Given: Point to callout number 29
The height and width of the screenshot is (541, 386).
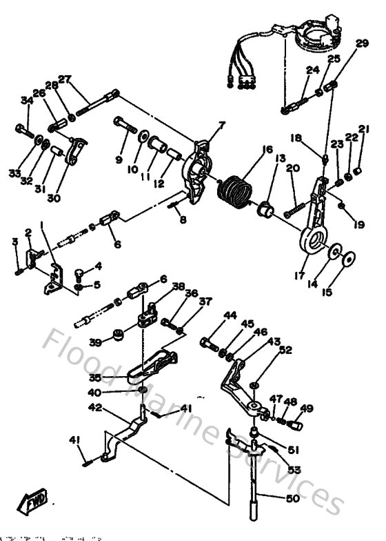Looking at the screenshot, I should click(362, 44).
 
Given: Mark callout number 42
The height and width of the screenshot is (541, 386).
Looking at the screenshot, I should click(95, 408).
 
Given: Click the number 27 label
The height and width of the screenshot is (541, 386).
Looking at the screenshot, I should click(65, 79).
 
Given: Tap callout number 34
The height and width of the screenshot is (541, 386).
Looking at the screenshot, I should click(27, 101).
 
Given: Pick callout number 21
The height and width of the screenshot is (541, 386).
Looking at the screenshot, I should click(363, 128).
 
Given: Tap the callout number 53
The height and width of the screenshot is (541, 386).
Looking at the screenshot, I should click(295, 470).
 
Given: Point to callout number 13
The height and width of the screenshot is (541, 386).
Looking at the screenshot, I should click(281, 159).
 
